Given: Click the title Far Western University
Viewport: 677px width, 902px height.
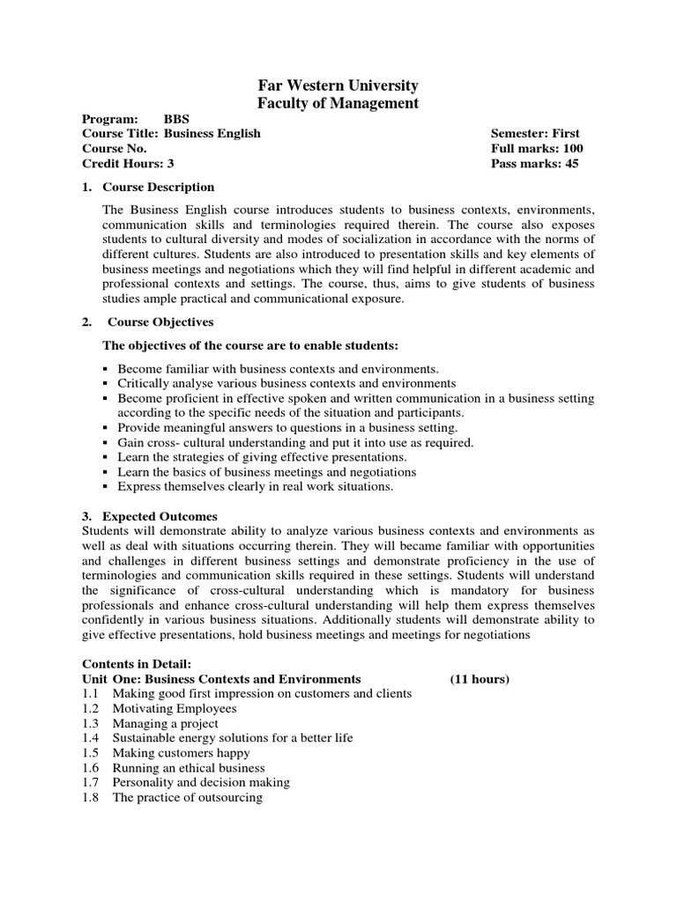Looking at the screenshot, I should point(338,85).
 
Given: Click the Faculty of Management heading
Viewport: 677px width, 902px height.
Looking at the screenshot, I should point(338,104).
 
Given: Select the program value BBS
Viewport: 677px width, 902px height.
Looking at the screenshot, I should point(176,119).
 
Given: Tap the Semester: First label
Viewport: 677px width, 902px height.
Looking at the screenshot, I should point(535,134).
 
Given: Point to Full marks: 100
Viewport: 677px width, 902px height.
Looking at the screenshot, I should point(537,149).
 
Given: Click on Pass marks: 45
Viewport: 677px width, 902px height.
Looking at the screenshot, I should point(535,164).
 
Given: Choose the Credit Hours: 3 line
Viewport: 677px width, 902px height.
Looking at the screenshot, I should point(128,164).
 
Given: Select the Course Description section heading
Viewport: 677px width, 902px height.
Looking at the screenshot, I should point(158,187).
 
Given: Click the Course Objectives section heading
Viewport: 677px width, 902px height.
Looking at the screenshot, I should point(160,322).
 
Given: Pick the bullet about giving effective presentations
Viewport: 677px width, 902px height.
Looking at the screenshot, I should point(262,457).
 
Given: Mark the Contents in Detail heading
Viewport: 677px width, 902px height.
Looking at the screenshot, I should point(136,663).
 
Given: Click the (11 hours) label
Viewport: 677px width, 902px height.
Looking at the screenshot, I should point(480,679).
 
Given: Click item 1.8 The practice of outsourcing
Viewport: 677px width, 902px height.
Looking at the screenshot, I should point(187,797).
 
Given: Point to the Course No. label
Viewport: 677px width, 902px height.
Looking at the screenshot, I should point(114,149).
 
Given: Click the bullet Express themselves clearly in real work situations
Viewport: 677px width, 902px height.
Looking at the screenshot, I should point(256,486).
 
